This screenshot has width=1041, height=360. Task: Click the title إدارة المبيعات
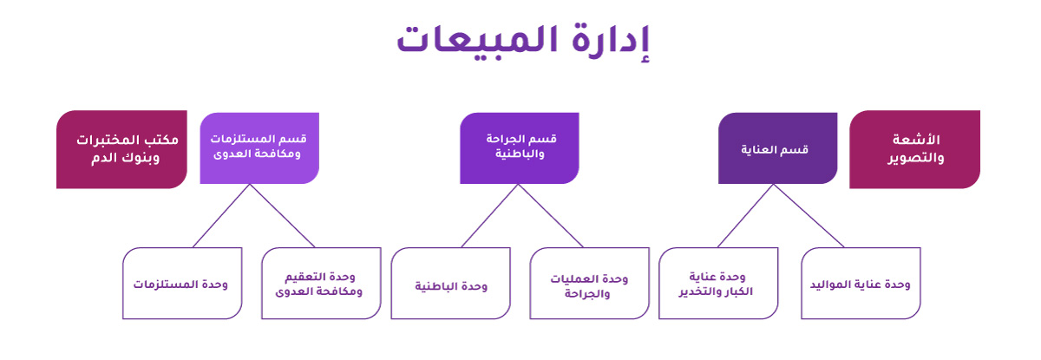pyautogui.click(x=523, y=42)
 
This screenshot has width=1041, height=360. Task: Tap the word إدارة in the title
pyautogui.click(x=611, y=42)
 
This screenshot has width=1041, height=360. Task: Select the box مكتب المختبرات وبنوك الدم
pyautogui.click(x=121, y=149)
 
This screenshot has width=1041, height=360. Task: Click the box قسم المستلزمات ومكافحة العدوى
pyautogui.click(x=259, y=148)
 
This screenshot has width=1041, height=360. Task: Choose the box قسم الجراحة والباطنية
pyautogui.click(x=520, y=148)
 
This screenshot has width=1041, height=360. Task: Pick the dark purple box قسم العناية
pyautogui.click(x=778, y=148)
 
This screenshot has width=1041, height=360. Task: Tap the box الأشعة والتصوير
pyautogui.click(x=914, y=149)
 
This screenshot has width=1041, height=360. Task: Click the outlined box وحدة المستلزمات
pyautogui.click(x=182, y=284)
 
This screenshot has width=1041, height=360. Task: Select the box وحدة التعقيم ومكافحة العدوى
pyautogui.click(x=321, y=284)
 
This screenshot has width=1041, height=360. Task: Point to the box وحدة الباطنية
pyautogui.click(x=451, y=284)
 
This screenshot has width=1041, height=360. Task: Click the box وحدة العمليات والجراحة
pyautogui.click(x=589, y=284)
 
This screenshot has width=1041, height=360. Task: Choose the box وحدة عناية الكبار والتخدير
pyautogui.click(x=718, y=284)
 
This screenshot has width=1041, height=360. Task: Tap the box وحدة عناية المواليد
pyautogui.click(x=861, y=284)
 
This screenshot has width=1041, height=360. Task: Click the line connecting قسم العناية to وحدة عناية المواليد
pyautogui.click(x=809, y=215)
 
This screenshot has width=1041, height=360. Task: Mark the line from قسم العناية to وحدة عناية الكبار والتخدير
pyautogui.click(x=745, y=215)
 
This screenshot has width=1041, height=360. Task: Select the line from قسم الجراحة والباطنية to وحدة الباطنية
pyautogui.click(x=489, y=215)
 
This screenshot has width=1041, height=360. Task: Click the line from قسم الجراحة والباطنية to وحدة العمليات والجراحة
pyautogui.click(x=551, y=215)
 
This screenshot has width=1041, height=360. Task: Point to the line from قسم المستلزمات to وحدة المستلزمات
pyautogui.click(x=221, y=215)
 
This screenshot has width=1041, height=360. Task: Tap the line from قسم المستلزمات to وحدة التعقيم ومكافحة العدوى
pyautogui.click(x=283, y=215)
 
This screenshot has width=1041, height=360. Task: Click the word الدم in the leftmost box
pyautogui.click(x=103, y=158)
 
